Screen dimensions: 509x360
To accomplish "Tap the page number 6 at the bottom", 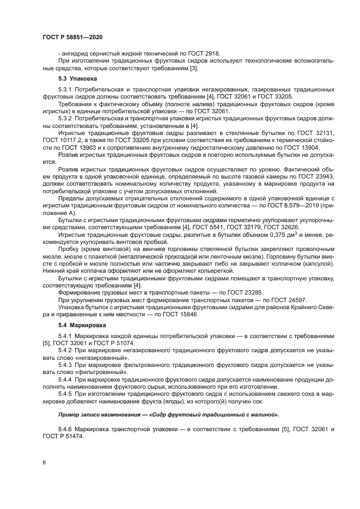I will point(43,462).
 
